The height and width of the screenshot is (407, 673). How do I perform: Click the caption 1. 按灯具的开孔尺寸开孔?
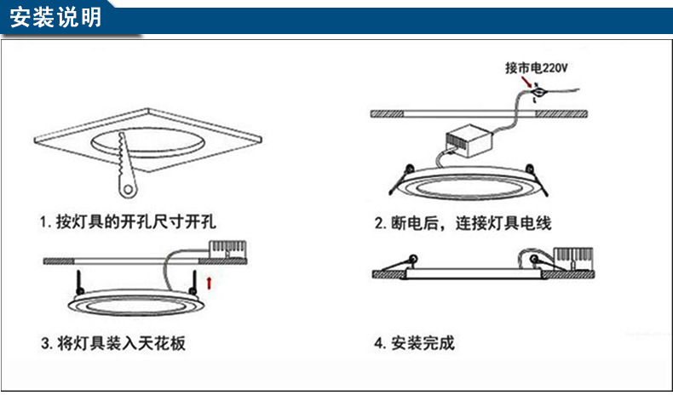(x=128, y=223)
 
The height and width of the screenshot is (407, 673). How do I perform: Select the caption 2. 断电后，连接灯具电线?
(x=463, y=224)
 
